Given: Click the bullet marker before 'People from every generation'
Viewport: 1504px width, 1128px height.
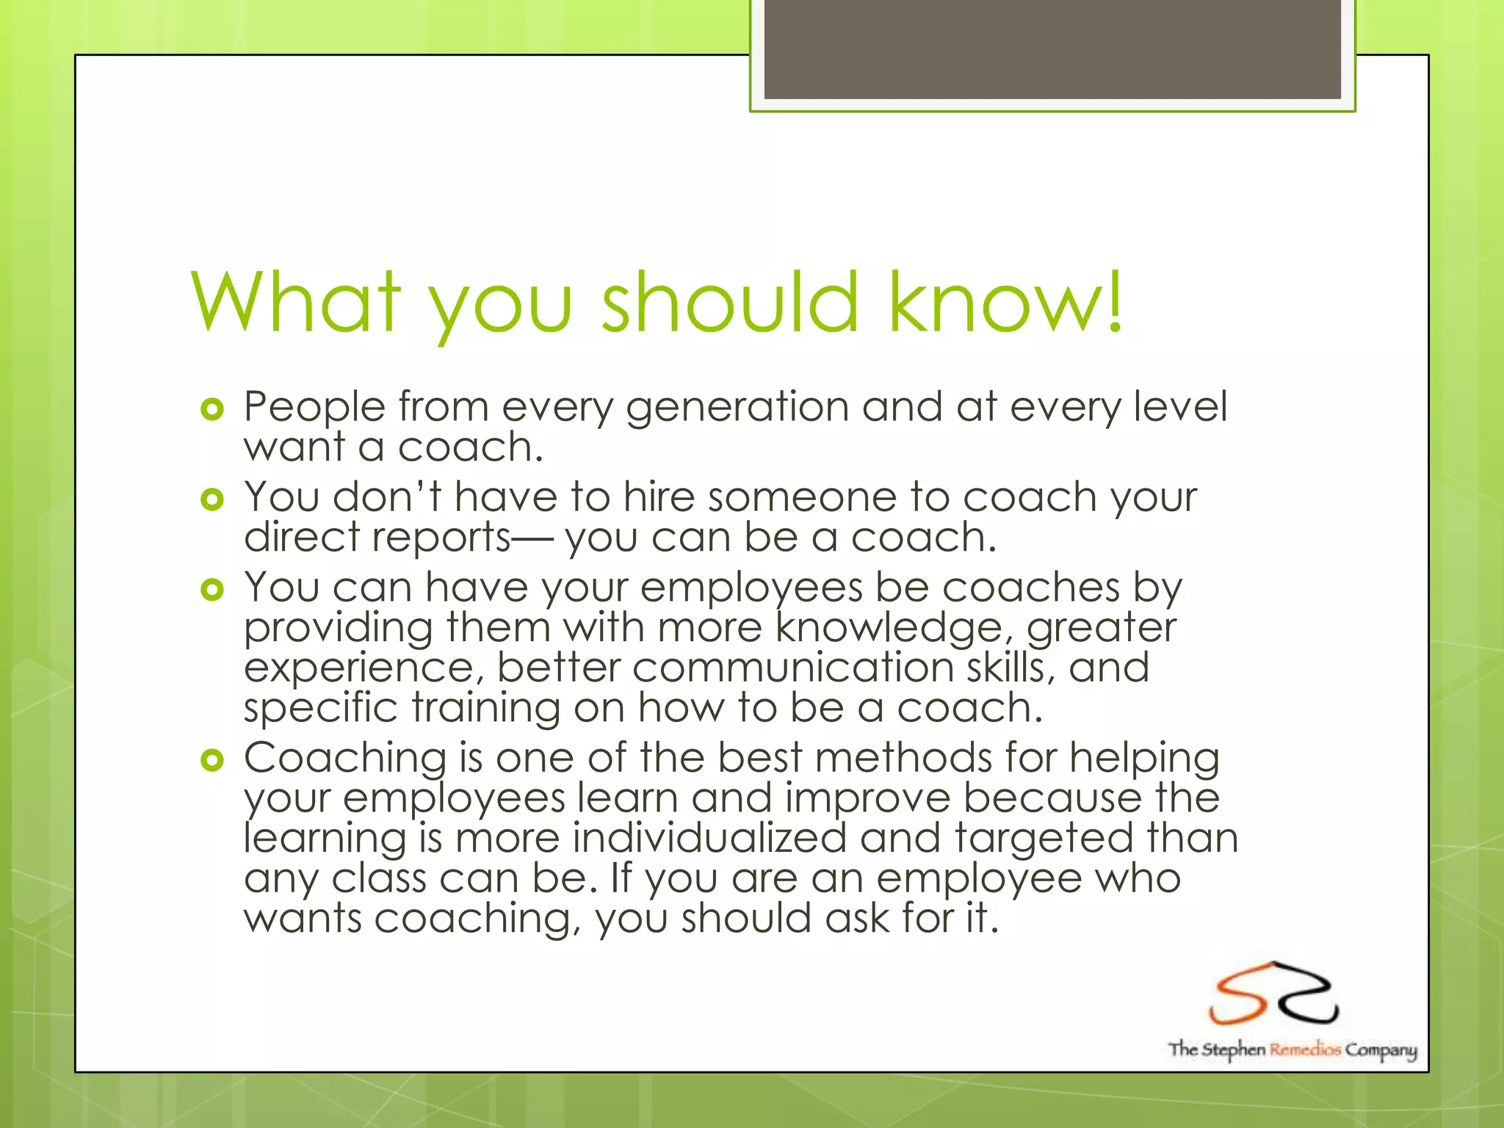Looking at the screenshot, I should (211, 410).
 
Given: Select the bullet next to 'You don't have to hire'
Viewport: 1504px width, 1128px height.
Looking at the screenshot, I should (211, 500).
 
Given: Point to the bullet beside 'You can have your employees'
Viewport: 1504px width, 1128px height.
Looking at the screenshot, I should (211, 590).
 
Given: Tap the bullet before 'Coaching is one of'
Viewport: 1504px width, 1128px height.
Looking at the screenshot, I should (211, 761).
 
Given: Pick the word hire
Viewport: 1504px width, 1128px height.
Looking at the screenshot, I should (659, 497).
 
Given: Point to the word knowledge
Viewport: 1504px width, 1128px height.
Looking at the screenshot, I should (889, 630).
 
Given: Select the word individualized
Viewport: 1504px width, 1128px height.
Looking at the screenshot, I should (709, 838).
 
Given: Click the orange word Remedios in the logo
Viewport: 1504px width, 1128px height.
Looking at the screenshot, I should (1306, 1049).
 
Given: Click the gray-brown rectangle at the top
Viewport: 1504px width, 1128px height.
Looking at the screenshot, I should (1052, 49).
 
